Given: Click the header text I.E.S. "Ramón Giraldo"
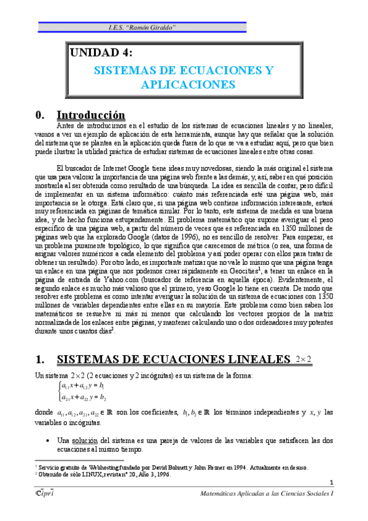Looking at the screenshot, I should [x=142, y=28].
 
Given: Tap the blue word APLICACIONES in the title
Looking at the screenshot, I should [x=188, y=84].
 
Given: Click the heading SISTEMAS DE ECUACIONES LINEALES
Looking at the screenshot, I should [x=172, y=359].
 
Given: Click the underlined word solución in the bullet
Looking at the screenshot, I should [x=85, y=441].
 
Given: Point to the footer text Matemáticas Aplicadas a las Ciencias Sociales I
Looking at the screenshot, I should [x=267, y=493].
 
